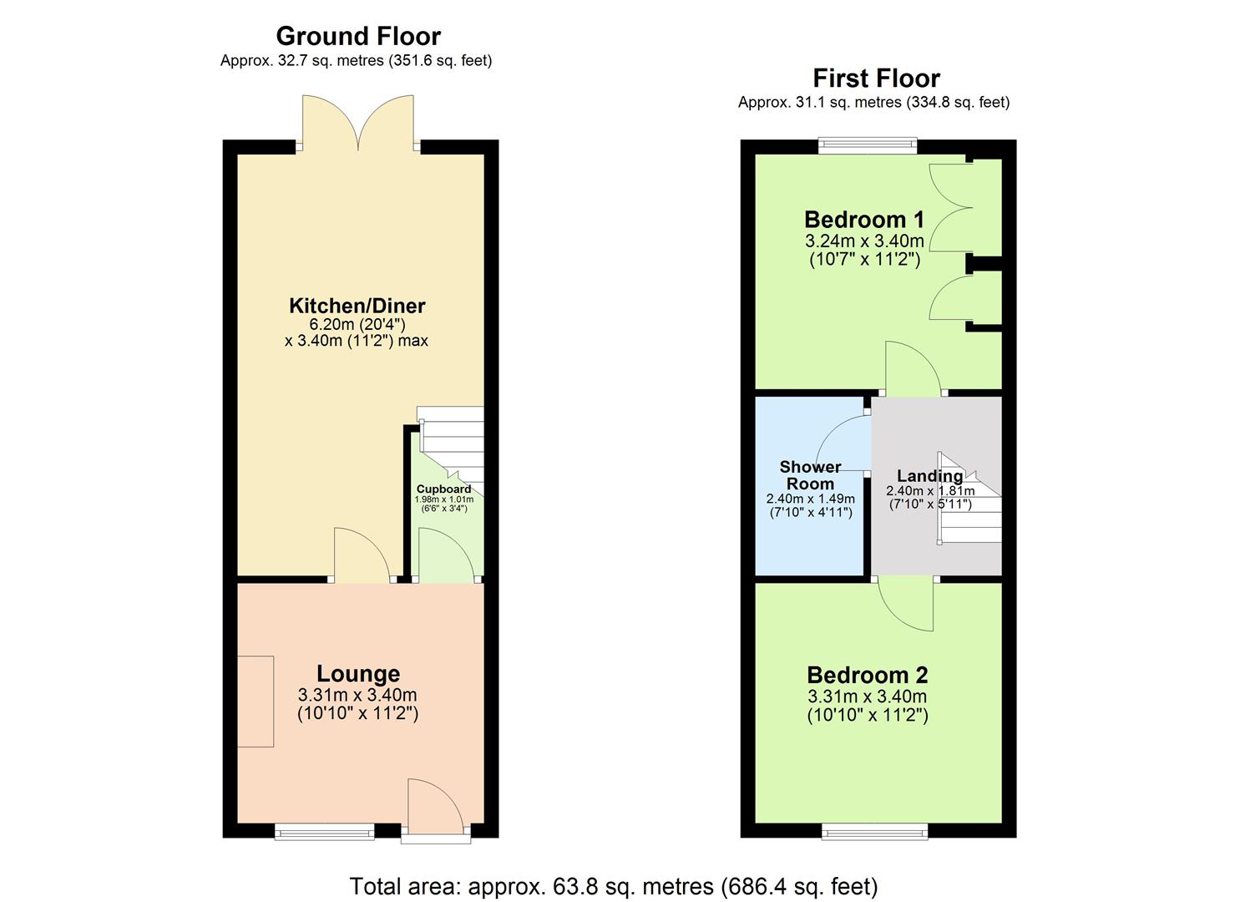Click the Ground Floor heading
[357, 36]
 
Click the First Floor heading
[876, 79]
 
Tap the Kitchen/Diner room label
[357, 306]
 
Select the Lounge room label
[357, 673]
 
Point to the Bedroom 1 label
[864, 220]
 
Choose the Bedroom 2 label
[867, 675]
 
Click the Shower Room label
[810, 475]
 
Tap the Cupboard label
[443, 489]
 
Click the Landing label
[929, 476]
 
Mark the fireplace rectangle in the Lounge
[256, 701]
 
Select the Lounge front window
[325, 830]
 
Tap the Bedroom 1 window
[867, 147]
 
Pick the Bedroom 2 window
[874, 830]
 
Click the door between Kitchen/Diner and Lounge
[362, 555]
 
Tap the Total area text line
[613, 886]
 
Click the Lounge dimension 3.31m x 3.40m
[357, 695]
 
